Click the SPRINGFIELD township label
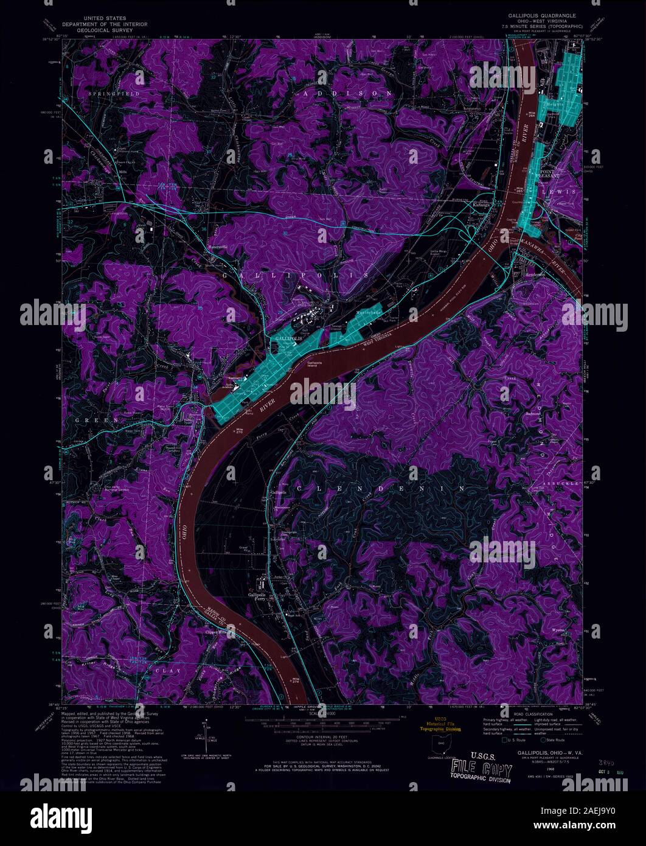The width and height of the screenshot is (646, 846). coord(114,94)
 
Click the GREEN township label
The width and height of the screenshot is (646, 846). coord(91,420)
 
